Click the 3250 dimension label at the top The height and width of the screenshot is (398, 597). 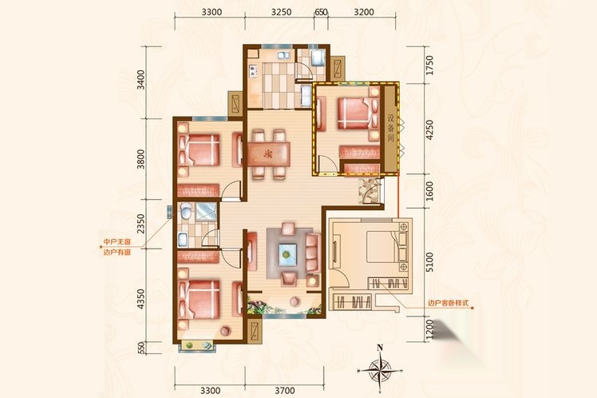pyautogui.click(x=282, y=12)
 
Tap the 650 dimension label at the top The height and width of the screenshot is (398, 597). pyautogui.click(x=321, y=12)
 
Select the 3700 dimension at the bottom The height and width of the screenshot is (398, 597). pyautogui.click(x=285, y=391)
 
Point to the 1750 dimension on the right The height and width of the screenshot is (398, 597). pyautogui.click(x=429, y=66)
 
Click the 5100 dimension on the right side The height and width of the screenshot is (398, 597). pyautogui.click(x=429, y=262)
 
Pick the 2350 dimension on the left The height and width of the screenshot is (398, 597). pyautogui.click(x=141, y=224)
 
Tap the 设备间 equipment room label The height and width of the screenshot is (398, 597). pyautogui.click(x=390, y=128)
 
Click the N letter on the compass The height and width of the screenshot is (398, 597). pyautogui.click(x=380, y=348)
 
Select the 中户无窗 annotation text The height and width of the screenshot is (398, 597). pyautogui.click(x=117, y=241)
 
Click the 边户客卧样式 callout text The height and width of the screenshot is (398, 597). pyautogui.click(x=448, y=304)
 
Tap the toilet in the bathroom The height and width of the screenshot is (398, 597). pyautogui.click(x=186, y=210)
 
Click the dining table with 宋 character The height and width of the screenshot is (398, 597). pyautogui.click(x=269, y=154)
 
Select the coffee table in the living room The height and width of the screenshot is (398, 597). pyautogui.click(x=287, y=254)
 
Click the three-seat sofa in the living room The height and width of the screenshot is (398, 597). pyautogui.click(x=313, y=253)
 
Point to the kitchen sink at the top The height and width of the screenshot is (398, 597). pyautogui.click(x=283, y=56)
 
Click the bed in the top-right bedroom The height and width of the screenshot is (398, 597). pyautogui.click(x=355, y=113)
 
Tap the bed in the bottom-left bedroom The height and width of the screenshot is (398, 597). pyautogui.click(x=199, y=299)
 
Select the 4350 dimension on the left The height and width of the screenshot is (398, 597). pyautogui.click(x=141, y=299)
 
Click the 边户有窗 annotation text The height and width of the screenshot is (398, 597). pyautogui.click(x=117, y=253)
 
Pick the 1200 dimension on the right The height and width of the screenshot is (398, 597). pyautogui.click(x=429, y=329)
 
